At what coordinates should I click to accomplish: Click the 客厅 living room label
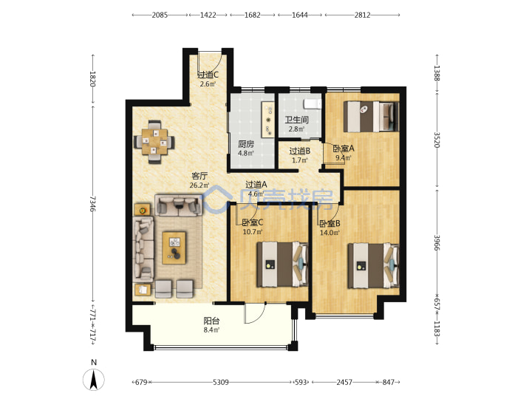[x=199, y=176]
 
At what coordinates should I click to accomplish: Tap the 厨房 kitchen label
[x=246, y=144]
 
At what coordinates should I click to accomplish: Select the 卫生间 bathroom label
[x=296, y=120]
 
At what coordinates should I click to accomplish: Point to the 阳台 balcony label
[x=211, y=320]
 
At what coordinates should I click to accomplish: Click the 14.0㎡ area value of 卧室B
[x=330, y=233]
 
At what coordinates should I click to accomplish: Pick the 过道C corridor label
[x=208, y=75]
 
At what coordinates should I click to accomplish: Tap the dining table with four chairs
[x=154, y=142]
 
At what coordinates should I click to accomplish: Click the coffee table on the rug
[x=174, y=248]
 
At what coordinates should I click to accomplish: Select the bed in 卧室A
[x=370, y=117]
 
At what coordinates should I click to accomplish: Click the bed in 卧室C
[x=282, y=265]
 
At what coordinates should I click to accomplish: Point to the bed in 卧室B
[x=373, y=265]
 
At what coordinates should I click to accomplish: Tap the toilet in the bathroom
[x=313, y=103]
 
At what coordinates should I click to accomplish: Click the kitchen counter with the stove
[x=267, y=120]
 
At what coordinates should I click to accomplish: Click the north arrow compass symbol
[x=94, y=379]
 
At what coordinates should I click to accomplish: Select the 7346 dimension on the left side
[x=93, y=204]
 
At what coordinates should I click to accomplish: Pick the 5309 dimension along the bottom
[x=220, y=383]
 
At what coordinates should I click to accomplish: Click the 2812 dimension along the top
[x=362, y=15]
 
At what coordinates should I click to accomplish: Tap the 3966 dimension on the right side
[x=437, y=242]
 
